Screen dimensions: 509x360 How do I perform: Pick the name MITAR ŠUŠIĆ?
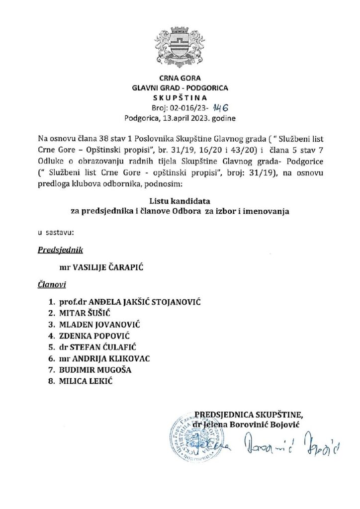pos(82,313)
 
